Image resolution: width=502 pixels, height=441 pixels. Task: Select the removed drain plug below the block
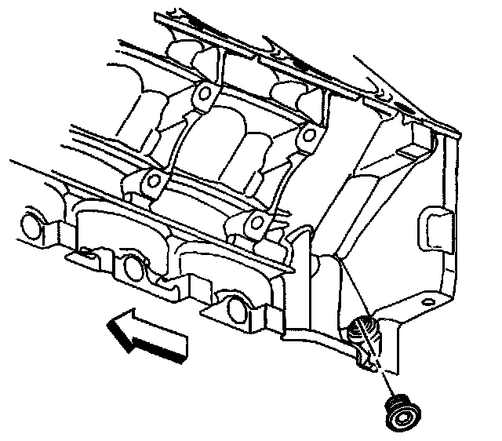[404, 411]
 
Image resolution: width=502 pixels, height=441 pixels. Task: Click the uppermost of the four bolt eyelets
[205, 95]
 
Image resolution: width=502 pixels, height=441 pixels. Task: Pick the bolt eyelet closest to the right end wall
[308, 137]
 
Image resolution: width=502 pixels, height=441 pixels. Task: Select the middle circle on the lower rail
[133, 268]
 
